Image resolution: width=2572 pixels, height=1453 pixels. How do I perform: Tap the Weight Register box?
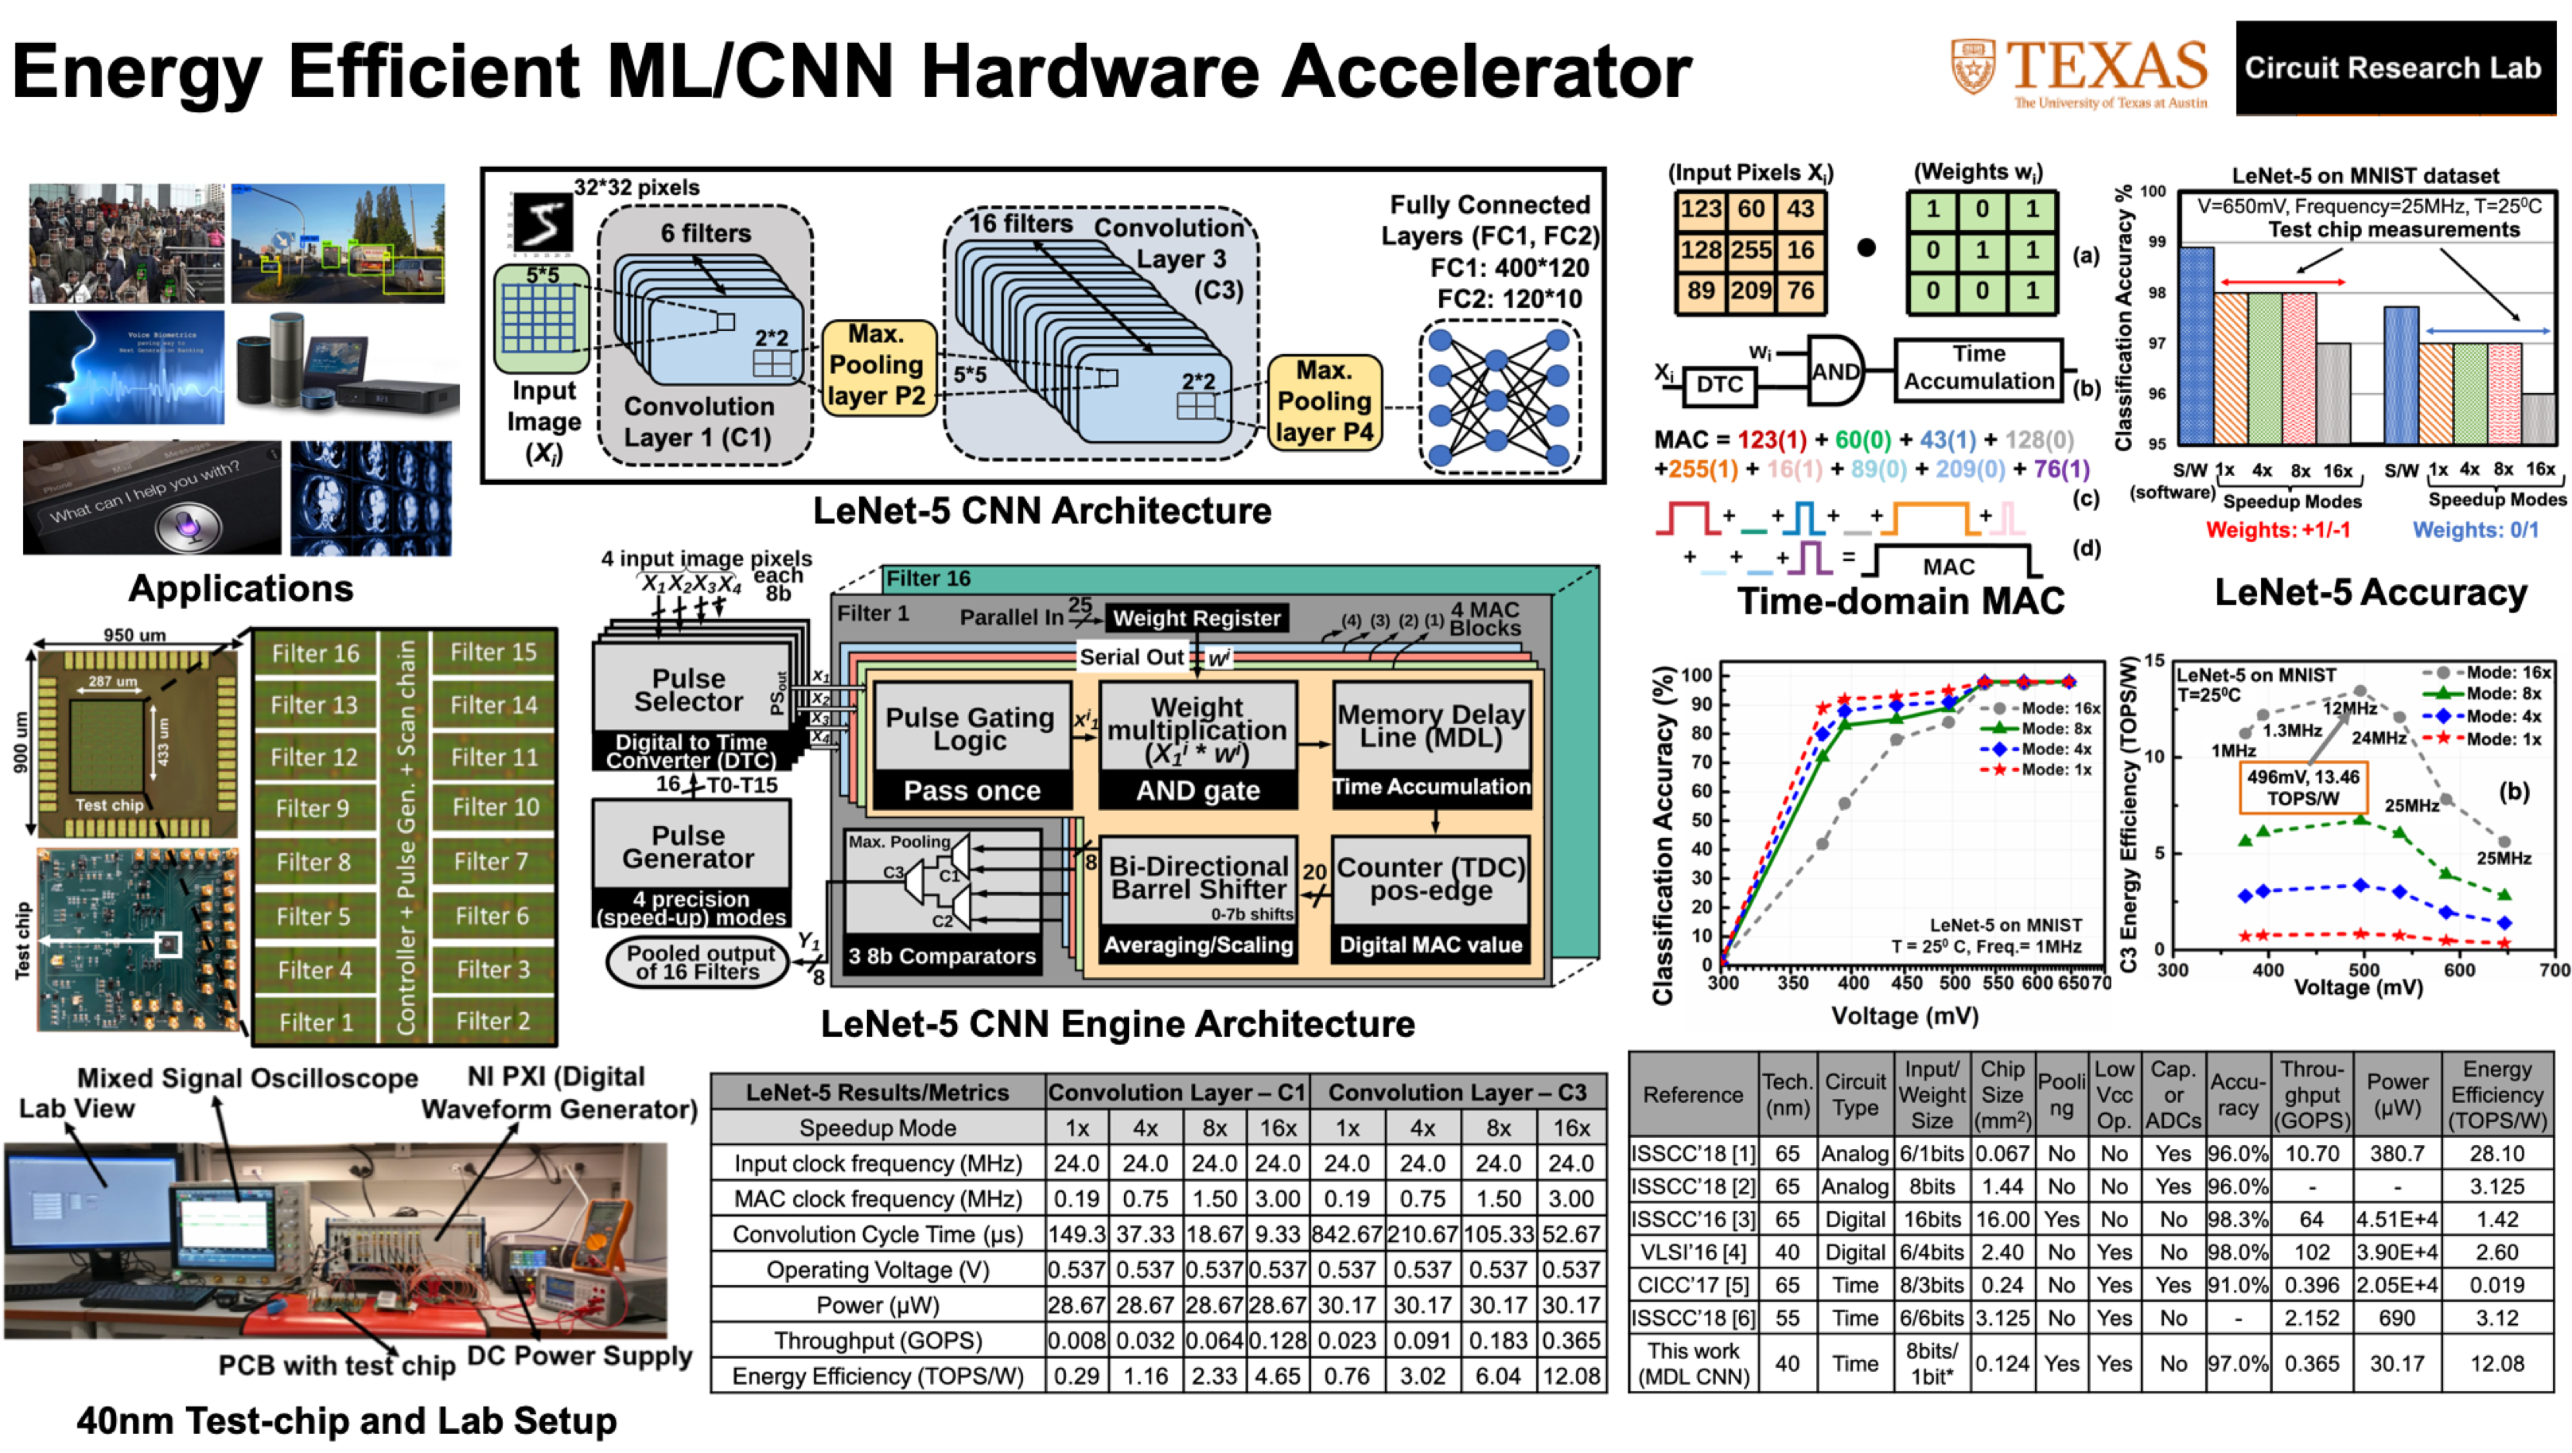click(x=1197, y=618)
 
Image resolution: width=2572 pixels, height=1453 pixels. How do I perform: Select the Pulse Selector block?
click(x=689, y=690)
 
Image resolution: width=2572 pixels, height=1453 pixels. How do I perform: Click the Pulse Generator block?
click(x=689, y=846)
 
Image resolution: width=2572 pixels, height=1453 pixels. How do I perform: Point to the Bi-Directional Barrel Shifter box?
click(x=1198, y=878)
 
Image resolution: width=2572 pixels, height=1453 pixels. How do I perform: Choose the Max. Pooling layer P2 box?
click(x=877, y=365)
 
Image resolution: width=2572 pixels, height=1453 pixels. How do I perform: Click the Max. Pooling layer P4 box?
click(x=1324, y=402)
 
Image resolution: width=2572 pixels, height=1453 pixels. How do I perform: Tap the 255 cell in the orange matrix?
click(x=1750, y=250)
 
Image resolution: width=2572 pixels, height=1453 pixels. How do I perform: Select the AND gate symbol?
click(x=1835, y=372)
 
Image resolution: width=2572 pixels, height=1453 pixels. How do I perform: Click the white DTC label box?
click(x=1719, y=384)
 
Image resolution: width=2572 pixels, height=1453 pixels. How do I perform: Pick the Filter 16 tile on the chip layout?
click(x=316, y=653)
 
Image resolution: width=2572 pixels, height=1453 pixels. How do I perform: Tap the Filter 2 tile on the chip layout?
click(x=492, y=1021)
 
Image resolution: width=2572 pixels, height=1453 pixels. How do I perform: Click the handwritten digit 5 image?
click(x=541, y=223)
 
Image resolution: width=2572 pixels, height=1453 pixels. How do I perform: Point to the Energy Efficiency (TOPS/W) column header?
click(x=2496, y=1094)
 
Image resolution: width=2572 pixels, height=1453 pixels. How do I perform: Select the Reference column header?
click(x=1692, y=1094)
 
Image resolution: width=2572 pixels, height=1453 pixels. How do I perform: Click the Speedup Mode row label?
click(x=877, y=1128)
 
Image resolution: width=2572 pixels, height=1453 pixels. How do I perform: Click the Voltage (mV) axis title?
click(x=1904, y=1015)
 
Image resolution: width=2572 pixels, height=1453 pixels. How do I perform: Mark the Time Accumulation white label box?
click(x=1978, y=368)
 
